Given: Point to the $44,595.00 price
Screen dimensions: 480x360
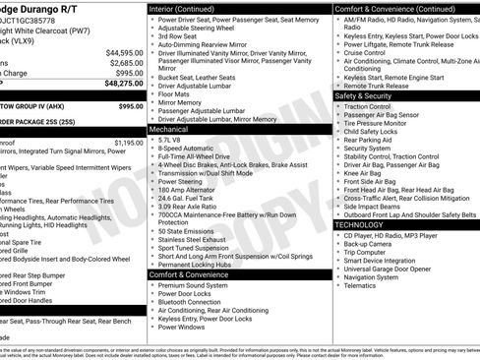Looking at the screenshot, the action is coord(123,52).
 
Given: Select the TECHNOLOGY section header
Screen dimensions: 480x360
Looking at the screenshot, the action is coord(360,224).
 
